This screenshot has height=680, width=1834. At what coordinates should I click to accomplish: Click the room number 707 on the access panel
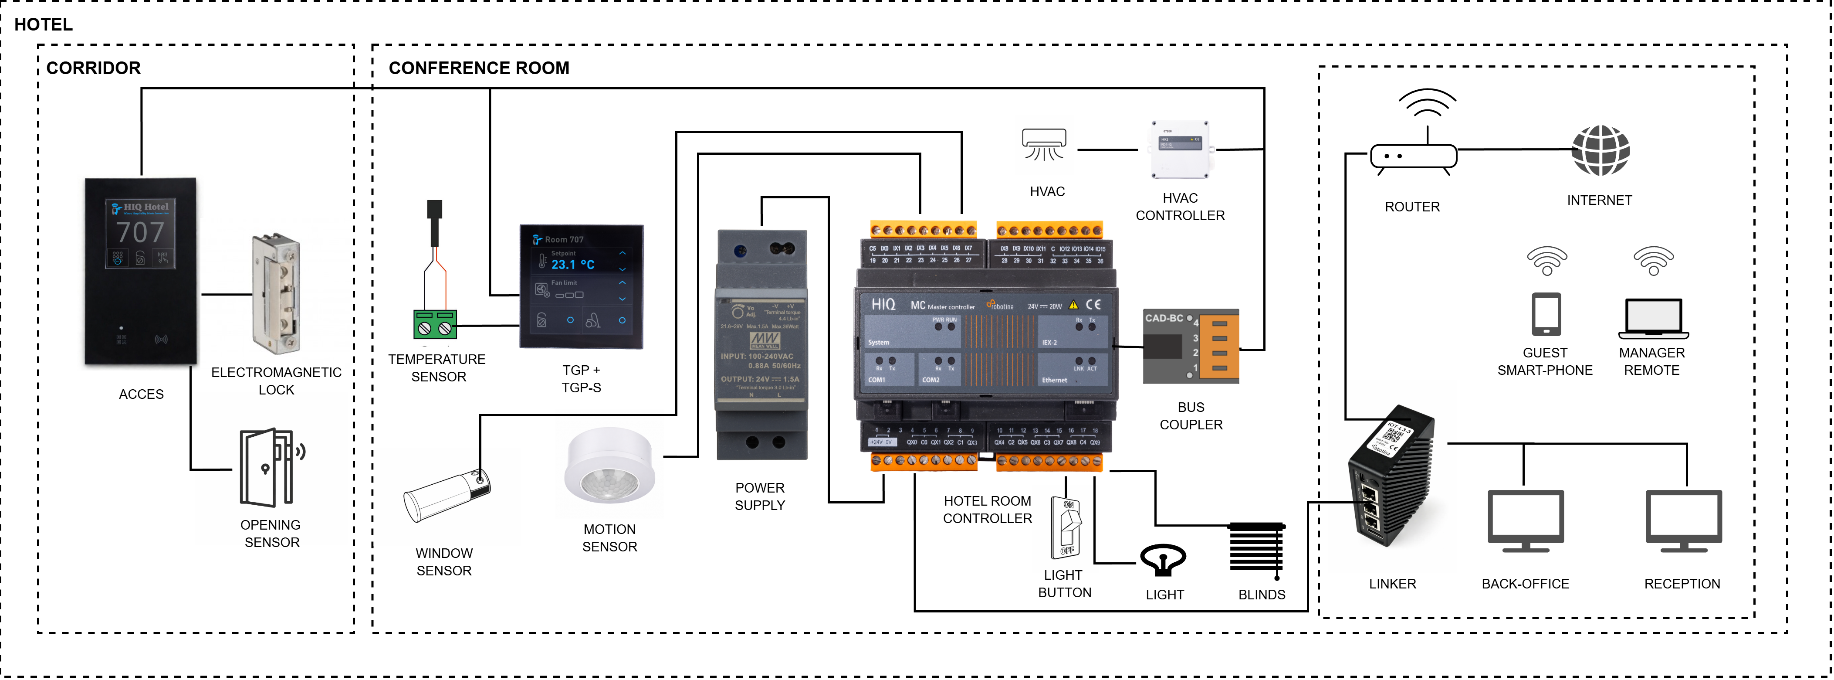[140, 232]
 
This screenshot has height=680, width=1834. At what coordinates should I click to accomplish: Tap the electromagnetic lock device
[276, 293]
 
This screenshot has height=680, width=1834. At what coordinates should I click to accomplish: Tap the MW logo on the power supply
[765, 340]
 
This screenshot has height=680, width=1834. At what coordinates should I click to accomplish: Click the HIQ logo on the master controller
[883, 305]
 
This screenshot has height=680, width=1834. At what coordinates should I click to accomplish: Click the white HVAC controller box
[1180, 150]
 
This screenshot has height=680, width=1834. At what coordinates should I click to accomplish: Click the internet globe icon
[1601, 150]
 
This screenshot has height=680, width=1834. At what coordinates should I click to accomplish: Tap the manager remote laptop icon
[1653, 318]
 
